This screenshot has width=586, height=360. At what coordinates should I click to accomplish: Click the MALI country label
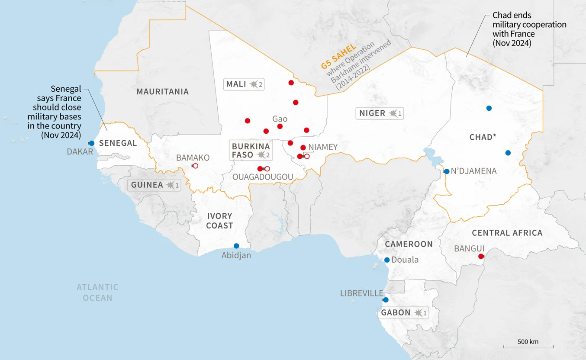point(236,84)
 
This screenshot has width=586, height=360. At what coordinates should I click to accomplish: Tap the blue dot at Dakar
point(91,143)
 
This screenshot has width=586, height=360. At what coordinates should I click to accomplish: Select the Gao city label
point(280,119)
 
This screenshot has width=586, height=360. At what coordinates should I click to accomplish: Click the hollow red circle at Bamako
point(195,166)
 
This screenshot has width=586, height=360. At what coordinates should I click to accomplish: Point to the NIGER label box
point(380,113)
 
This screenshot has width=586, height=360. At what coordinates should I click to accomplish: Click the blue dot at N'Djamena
point(447,171)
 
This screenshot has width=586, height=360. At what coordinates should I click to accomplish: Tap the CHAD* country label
point(483,137)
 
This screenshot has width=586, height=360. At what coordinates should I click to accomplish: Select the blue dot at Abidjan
point(236,246)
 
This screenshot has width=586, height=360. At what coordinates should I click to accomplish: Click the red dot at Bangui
point(480,257)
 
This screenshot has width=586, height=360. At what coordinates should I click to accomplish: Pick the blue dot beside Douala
point(387,260)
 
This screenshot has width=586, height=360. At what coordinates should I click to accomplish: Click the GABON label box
point(403,312)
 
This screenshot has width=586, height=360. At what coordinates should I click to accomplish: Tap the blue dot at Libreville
point(386,300)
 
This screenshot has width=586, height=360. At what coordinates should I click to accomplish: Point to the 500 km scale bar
point(528,347)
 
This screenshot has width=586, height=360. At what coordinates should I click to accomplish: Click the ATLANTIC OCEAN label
point(97,292)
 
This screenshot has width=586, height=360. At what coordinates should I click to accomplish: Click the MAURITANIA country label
point(163,92)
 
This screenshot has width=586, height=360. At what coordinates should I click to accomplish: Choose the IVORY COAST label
point(219,221)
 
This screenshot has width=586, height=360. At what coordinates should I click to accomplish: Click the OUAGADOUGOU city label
point(263,177)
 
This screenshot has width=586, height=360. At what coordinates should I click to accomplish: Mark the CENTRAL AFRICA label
point(507,233)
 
